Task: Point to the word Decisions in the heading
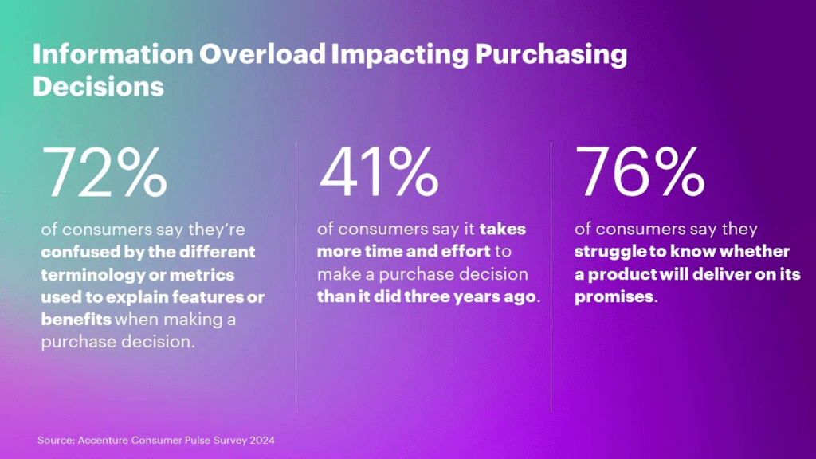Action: pos(98,85)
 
